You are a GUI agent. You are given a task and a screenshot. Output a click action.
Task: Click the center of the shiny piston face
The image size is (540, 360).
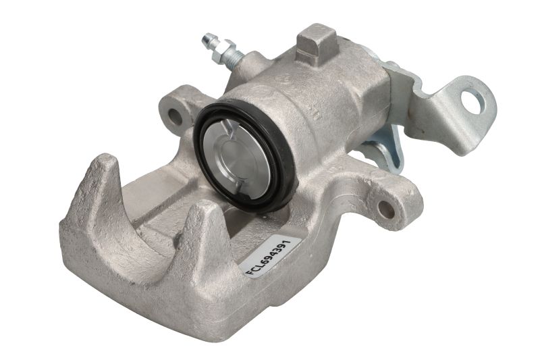click(238, 159)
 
